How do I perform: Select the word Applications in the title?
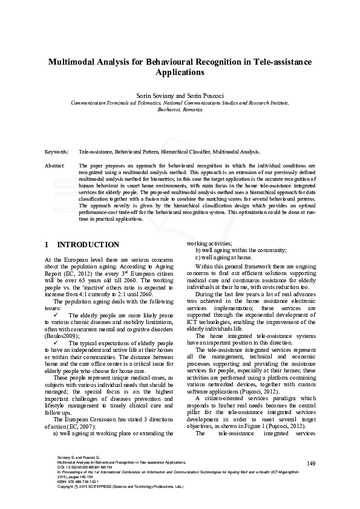click(x=180, y=73)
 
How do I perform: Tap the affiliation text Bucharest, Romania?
click(x=180, y=110)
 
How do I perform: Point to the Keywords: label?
click(x=57, y=153)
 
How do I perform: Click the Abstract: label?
click(x=56, y=165)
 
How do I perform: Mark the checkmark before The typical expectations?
click(x=55, y=343)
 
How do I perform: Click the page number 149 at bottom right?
click(x=312, y=464)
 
